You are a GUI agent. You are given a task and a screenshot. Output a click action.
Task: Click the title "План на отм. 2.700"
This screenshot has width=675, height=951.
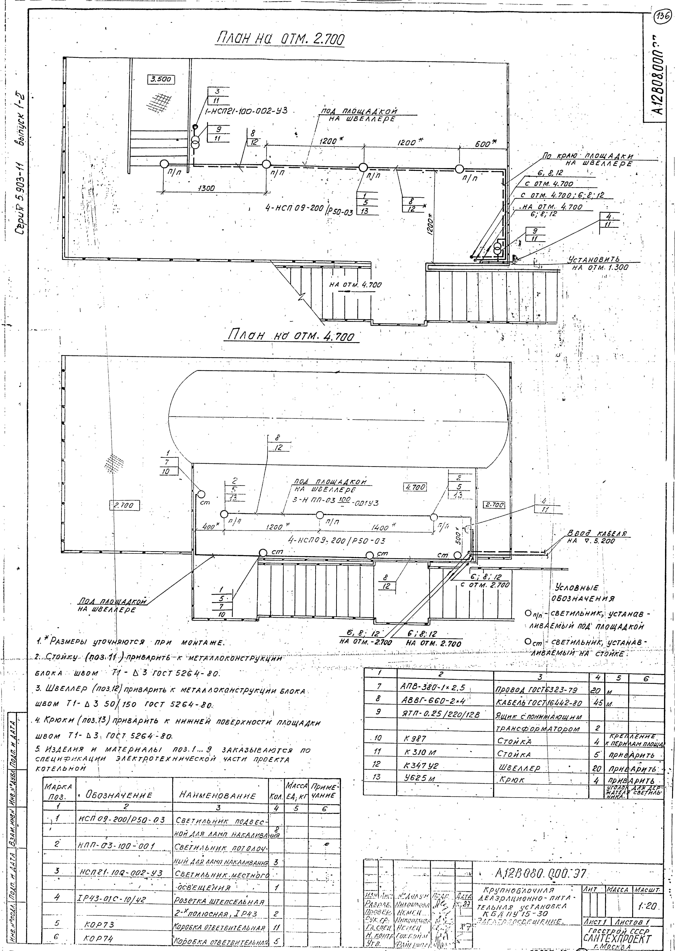281,39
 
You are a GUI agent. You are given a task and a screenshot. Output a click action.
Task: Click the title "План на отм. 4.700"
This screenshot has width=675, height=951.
292,334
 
